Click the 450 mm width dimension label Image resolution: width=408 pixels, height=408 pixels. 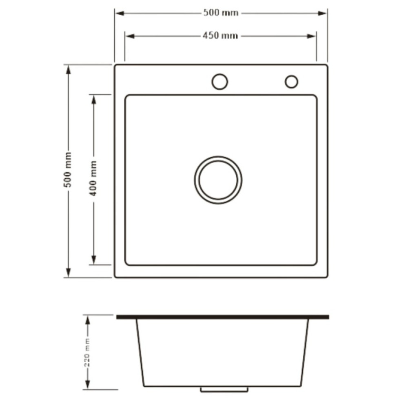[x=220, y=35]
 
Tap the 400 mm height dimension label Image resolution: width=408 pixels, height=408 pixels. [x=93, y=178]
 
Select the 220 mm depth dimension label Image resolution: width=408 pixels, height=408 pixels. [x=87, y=353]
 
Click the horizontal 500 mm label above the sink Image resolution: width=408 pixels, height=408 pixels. [x=221, y=13]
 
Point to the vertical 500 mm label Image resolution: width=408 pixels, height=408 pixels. [x=68, y=170]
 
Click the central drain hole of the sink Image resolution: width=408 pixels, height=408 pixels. [x=218, y=180]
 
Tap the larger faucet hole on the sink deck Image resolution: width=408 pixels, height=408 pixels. [x=220, y=82]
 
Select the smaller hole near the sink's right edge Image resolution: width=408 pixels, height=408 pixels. [x=291, y=82]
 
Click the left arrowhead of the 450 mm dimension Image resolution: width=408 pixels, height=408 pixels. [x=130, y=36]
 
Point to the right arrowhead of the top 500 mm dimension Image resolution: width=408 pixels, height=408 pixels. [x=322, y=13]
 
